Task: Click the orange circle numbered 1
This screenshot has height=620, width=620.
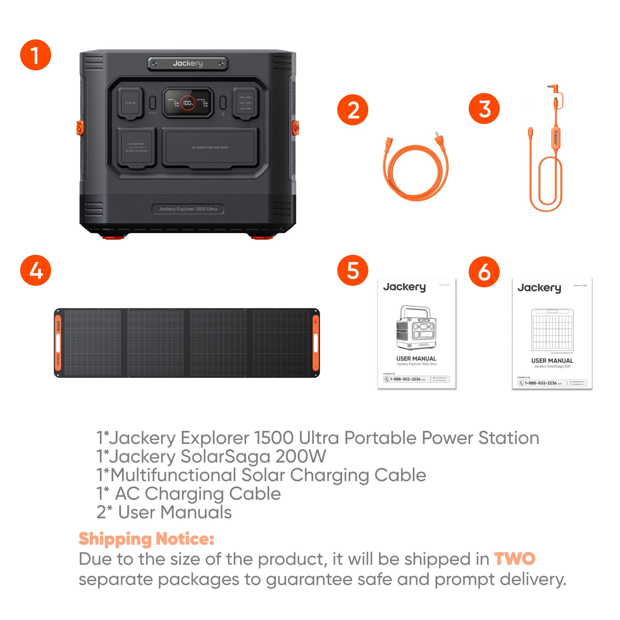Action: (36, 55)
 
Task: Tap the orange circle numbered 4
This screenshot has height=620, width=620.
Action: (36, 270)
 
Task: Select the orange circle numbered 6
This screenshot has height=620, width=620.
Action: (484, 272)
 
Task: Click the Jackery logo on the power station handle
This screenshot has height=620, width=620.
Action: (188, 64)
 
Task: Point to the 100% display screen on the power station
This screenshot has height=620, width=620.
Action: (188, 103)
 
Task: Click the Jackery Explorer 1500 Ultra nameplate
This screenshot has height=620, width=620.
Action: (188, 209)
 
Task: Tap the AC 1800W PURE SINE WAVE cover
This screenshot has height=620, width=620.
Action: (210, 147)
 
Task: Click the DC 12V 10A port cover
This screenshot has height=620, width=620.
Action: (130, 103)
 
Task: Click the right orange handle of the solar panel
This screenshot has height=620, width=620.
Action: (316, 343)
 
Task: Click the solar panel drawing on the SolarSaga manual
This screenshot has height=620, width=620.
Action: (552, 330)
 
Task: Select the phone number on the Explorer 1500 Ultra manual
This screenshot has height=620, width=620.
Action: (405, 379)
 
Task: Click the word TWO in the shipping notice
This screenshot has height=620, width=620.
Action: (514, 559)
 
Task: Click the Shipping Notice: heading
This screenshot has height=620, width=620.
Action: (146, 539)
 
